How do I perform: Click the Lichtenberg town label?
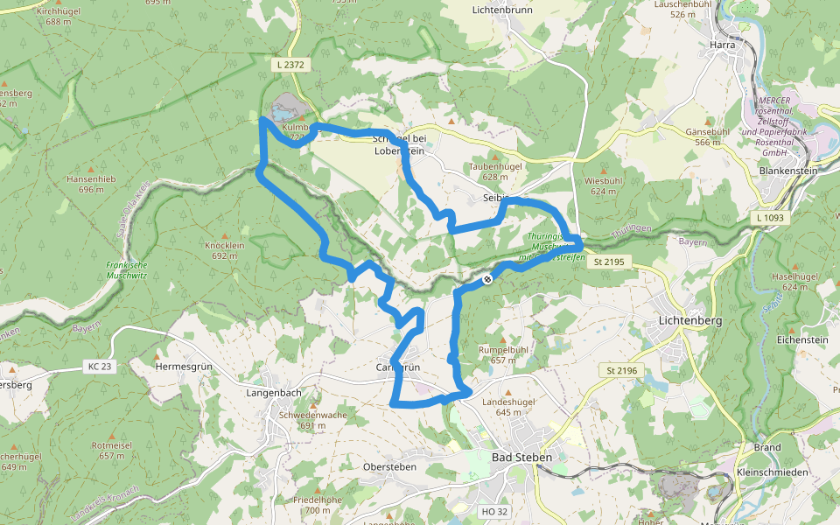coord(689,321)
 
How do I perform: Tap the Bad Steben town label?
coord(521,458)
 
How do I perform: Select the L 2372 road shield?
coord(289,64)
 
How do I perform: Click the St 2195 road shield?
coord(610,262)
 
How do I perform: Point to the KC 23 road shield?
coord(100,366)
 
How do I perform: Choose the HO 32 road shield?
coord(494,510)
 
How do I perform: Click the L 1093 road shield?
coord(768,217)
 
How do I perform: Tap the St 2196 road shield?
coord(622,371)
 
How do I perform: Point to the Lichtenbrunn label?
coord(502,10)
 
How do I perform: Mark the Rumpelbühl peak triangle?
coord(503,339)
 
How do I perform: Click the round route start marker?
coord(487,279)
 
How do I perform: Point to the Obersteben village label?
coord(389,467)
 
